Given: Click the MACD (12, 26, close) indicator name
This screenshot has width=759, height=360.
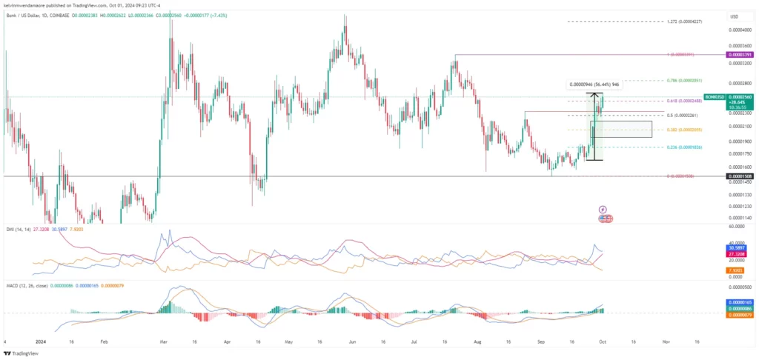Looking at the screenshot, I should point(28,285).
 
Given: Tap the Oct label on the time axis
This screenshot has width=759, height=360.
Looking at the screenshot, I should point(603,342).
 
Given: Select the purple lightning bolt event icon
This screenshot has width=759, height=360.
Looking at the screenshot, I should point(603,210).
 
